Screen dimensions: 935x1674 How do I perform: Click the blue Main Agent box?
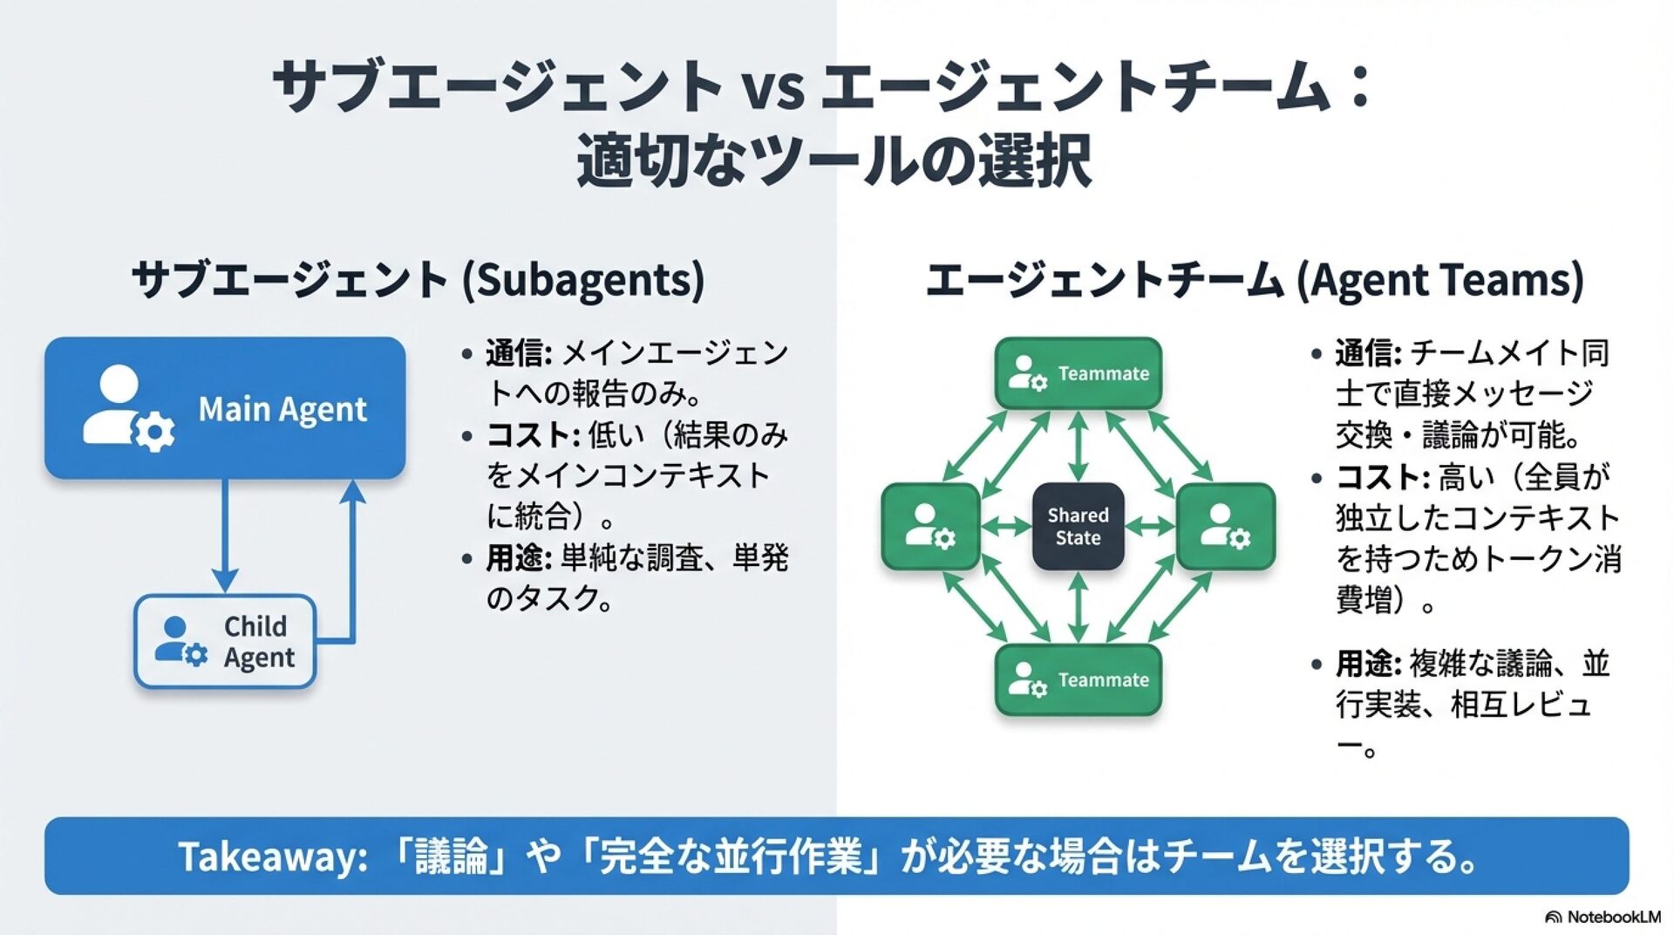coord(225,408)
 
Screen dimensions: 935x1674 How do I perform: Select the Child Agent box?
coord(225,641)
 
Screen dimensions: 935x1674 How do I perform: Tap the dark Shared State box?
coord(1079,527)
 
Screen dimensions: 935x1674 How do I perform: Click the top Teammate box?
coord(1079,373)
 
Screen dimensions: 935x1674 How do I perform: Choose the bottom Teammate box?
coord(1079,680)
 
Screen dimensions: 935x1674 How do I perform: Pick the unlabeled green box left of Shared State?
coord(930,527)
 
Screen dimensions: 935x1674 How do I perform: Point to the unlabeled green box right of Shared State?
coord(1226,527)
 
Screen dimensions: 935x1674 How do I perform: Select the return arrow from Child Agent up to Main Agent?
coord(352,567)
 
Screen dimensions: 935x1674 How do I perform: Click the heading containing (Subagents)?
coord(418,280)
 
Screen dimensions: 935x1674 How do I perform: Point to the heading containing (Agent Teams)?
coord(1255,280)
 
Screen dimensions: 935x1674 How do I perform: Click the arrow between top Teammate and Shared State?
coord(1079,446)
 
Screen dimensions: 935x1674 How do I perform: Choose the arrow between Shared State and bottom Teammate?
coord(1079,608)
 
